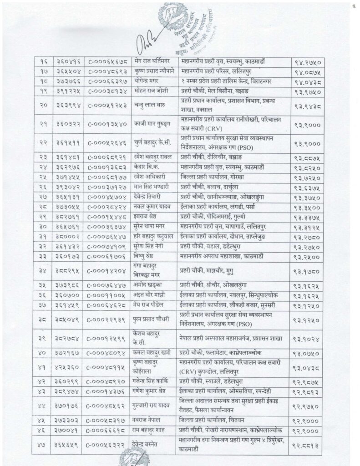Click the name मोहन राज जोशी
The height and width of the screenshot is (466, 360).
click(x=152, y=93)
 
